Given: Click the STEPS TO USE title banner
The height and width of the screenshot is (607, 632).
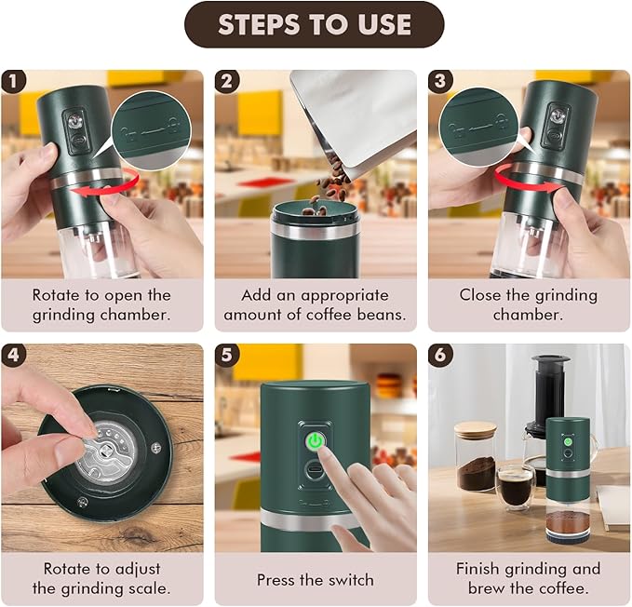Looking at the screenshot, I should (315, 25).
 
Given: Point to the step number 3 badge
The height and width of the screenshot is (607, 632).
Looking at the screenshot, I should (440, 81).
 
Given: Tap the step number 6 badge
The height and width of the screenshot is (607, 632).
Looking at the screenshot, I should (440, 355).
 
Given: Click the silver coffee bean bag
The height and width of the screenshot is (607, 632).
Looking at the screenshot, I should (354, 121).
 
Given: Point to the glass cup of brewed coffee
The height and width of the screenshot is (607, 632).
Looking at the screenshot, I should (514, 484).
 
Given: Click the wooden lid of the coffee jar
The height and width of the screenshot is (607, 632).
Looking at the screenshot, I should (475, 429).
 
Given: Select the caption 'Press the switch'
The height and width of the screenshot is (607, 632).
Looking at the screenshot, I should (316, 580).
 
